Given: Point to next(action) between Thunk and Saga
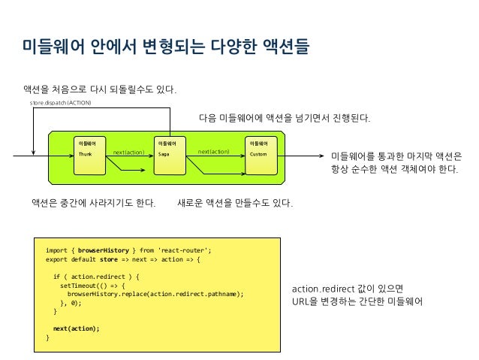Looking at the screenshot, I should pos(128,153).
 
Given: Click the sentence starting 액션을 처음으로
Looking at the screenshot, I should pos(101,91).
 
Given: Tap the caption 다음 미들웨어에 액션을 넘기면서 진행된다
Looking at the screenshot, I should pos(285,119).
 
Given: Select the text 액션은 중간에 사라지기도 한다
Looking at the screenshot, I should pos(93,203).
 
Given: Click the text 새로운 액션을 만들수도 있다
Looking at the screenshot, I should pos(234,203).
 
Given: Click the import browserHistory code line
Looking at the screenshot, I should pos(128,250).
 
